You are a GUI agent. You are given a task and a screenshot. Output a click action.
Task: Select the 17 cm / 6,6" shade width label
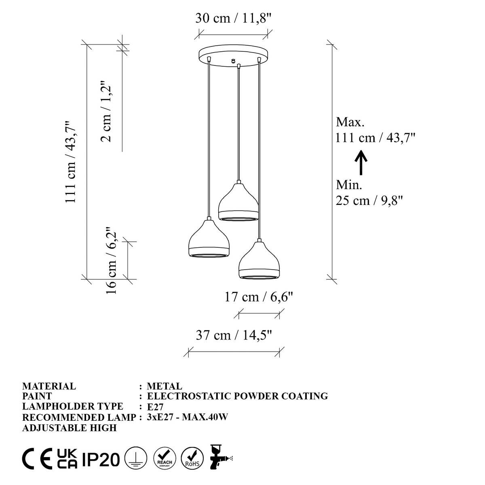pos(258,297)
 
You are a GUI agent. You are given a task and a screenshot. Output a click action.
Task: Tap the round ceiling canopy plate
pos(234,56)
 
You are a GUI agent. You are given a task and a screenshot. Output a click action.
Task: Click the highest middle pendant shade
pos(238,202)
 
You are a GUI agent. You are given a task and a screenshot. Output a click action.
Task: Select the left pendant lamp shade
pos(209,239)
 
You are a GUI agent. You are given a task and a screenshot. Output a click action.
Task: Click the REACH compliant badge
pos(164,459)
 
